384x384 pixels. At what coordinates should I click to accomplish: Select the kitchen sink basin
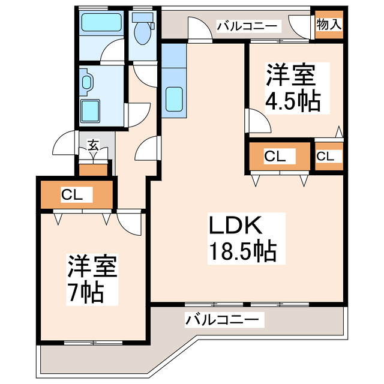pos(174,98)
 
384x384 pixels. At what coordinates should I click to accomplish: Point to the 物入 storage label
pos(329,25)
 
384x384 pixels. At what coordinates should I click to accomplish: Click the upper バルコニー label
pos(247,26)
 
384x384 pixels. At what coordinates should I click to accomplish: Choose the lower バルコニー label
pos(223,319)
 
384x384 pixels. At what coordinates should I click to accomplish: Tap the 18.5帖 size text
pos(242,251)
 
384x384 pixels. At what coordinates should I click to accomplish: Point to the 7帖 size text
pos(85,293)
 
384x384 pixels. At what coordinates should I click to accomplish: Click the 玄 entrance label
pos(94,145)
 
